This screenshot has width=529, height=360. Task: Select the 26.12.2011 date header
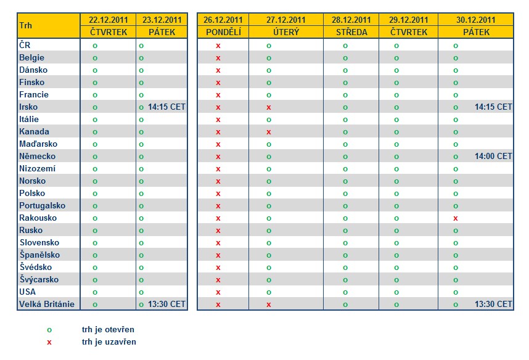[x=223, y=20]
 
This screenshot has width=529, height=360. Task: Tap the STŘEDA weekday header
[x=351, y=32]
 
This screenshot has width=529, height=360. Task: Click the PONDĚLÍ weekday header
[x=223, y=32]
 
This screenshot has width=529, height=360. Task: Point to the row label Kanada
[x=34, y=131]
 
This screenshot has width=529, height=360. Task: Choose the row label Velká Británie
[x=47, y=304]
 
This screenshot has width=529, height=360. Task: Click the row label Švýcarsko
[x=39, y=279]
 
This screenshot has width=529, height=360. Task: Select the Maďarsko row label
[x=38, y=144]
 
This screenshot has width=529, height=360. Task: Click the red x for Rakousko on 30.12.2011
[x=456, y=218]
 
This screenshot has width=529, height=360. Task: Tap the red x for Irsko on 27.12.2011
[x=269, y=107]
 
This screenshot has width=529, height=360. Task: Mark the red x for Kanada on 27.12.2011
[x=269, y=132]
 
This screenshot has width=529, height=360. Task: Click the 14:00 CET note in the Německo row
[x=493, y=156]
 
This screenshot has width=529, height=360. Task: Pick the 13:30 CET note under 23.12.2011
[x=166, y=304]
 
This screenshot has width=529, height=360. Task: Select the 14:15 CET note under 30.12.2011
[x=493, y=107]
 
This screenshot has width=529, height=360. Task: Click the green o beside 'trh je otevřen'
[x=49, y=330]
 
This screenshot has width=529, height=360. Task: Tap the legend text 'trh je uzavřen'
[x=109, y=342]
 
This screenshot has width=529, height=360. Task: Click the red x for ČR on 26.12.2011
[x=218, y=46]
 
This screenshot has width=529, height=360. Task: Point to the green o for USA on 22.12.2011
[x=95, y=292]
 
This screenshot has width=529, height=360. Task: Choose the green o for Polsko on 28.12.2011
[x=345, y=194]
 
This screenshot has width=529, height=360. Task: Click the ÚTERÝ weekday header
[x=286, y=32]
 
